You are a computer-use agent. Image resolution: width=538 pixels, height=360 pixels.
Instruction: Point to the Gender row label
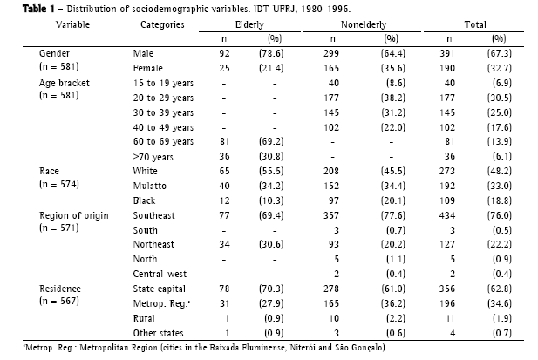click(x=31, y=54)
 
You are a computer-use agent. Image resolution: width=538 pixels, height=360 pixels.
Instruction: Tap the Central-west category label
click(x=153, y=274)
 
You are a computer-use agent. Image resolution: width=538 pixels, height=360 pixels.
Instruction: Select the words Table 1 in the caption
click(x=21, y=7)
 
